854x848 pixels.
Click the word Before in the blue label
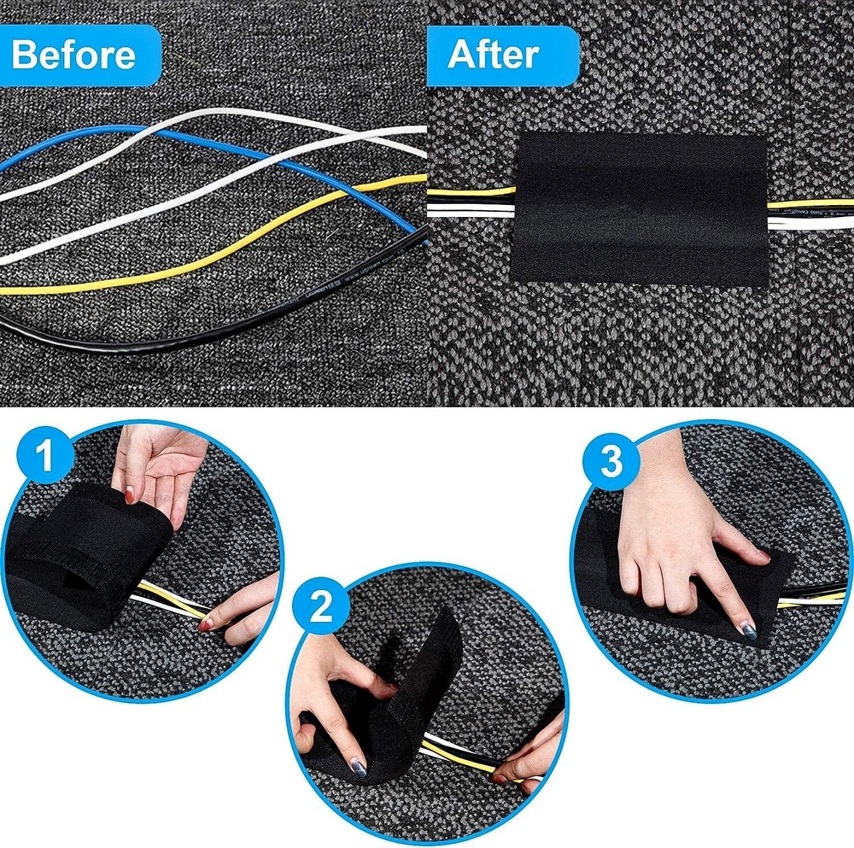click(73, 55)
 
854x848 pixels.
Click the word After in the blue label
click(493, 55)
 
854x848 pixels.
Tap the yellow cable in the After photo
click(470, 191)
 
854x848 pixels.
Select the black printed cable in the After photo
click(811, 208)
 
